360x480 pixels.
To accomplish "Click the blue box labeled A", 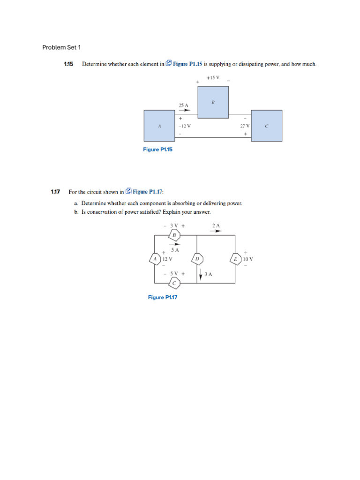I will coord(159,126).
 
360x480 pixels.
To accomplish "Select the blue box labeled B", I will coord(213,102).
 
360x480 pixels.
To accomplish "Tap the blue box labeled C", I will coord(267,126).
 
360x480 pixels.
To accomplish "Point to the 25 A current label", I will coord(183,105).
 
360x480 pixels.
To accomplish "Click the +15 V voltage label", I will coord(213,77).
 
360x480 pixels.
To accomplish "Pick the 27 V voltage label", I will coord(245,126).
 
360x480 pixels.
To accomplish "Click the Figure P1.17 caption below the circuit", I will coord(163,297).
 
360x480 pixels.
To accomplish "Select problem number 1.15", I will coord(68,64).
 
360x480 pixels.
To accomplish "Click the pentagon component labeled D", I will coord(197,258).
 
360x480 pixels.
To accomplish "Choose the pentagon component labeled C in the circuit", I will coord(174,283).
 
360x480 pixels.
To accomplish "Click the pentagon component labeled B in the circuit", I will coord(174,235).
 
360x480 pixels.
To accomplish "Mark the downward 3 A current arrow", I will coord(201,274).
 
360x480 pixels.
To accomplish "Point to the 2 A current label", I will coord(216,225).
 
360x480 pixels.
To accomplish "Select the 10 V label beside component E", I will coord(248,259).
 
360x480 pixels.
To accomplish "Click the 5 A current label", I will coord(175,250).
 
